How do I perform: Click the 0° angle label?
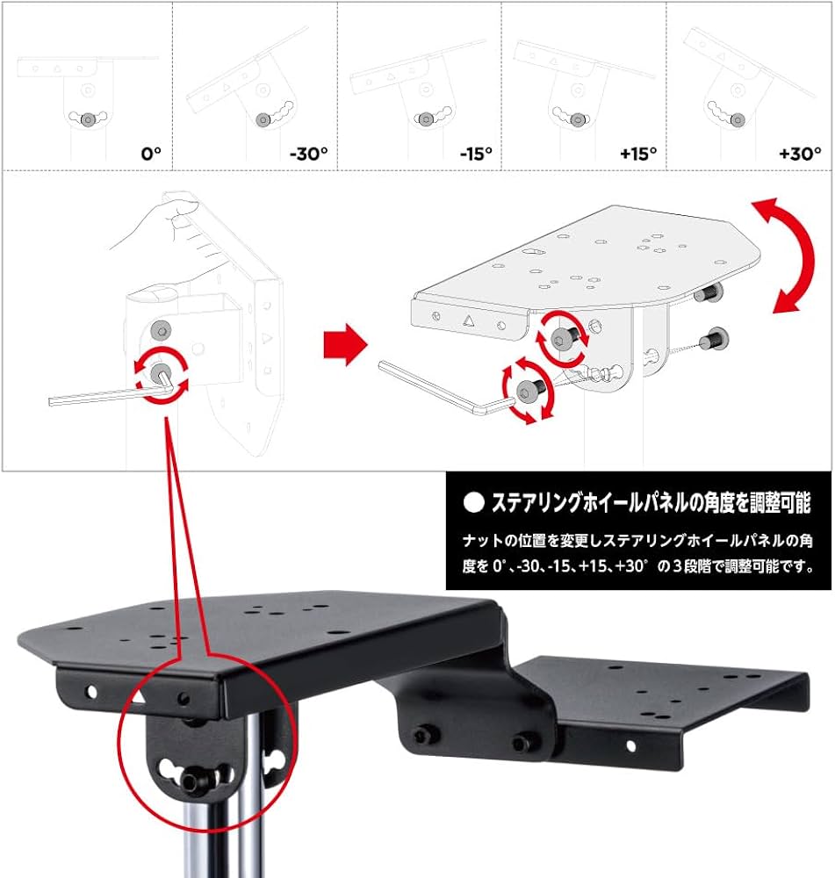(151, 153)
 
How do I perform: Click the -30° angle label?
(308, 153)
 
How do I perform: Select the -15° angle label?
(475, 153)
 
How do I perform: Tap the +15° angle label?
(638, 153)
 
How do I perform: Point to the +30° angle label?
(800, 153)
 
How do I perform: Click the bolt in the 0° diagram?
(87, 119)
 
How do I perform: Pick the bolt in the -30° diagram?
(263, 119)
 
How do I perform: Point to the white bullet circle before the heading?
(473, 503)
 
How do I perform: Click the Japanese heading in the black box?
(650, 503)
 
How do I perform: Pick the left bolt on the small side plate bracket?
(424, 736)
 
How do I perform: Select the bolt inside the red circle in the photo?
(195, 780)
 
